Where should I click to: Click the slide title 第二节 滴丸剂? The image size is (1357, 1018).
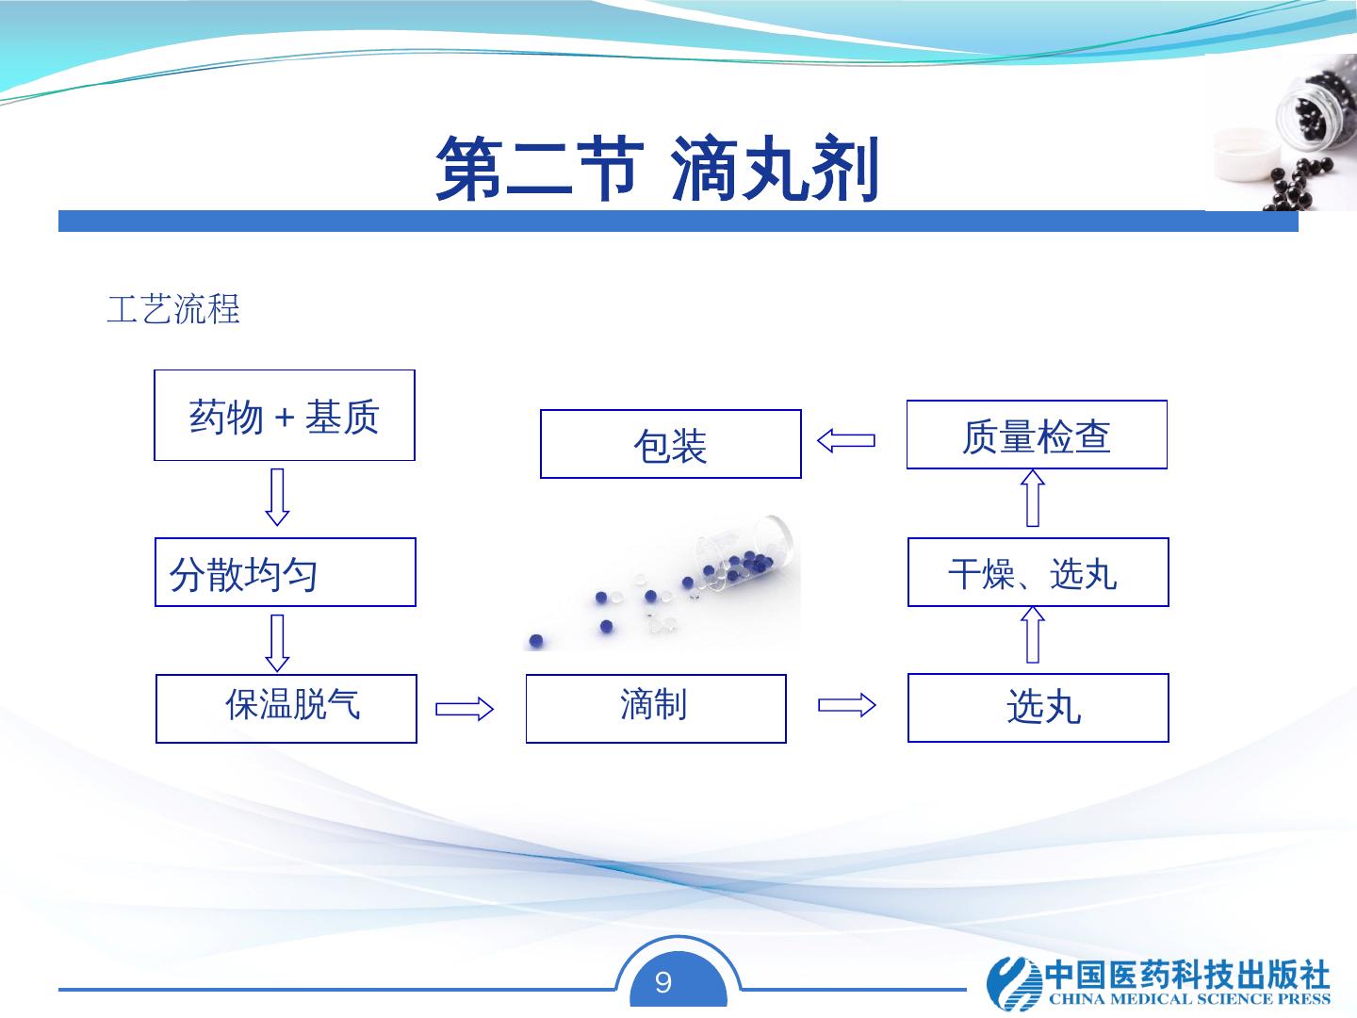[657, 171]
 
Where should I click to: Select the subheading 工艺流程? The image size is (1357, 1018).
[173, 309]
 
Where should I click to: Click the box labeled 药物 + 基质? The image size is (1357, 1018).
[284, 416]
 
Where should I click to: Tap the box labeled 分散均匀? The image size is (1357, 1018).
[285, 572]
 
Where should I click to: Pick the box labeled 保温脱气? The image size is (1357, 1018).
[286, 709]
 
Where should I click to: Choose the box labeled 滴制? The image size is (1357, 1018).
[655, 709]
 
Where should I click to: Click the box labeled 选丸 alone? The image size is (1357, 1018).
[1038, 708]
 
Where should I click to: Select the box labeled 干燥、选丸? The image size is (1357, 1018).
[1038, 572]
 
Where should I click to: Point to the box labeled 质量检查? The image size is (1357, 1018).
[1037, 435]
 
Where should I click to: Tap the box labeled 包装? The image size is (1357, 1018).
[670, 444]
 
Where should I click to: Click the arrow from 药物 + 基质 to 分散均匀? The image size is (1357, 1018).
[277, 497]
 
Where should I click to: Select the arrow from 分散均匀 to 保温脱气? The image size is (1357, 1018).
[277, 642]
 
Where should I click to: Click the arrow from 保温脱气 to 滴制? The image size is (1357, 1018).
[465, 709]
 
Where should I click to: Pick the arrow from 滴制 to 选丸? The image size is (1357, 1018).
[846, 705]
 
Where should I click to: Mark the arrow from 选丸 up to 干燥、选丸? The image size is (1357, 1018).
[1033, 634]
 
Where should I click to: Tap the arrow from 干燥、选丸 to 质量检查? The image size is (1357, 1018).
[1033, 499]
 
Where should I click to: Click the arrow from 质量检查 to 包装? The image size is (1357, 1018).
[846, 440]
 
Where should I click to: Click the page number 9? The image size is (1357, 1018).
[663, 983]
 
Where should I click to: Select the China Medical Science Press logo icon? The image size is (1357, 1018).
[1011, 983]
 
